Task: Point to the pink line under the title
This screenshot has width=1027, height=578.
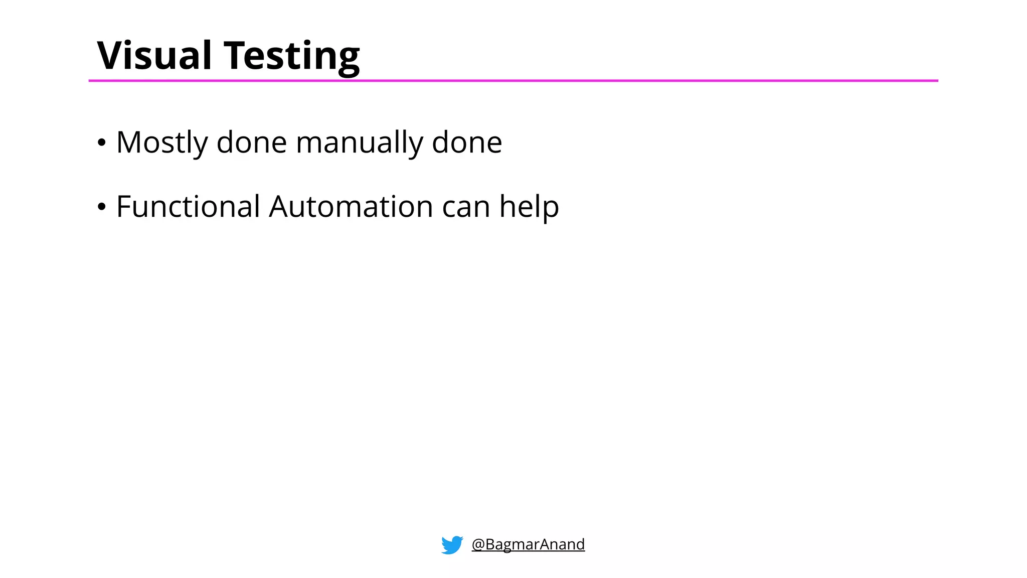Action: [513, 80]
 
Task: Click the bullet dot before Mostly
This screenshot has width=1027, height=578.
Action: [102, 143]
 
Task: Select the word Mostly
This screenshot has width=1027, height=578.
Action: [161, 143]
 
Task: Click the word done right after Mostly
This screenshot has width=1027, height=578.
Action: [251, 142]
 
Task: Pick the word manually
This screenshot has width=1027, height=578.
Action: [359, 143]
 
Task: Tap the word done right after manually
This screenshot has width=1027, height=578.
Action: [466, 142]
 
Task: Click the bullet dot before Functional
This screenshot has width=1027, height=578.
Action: [102, 207]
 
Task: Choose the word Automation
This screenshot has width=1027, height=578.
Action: [351, 206]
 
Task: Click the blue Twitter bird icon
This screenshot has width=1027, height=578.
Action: [452, 545]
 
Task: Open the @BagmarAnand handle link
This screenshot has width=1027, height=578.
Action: [528, 544]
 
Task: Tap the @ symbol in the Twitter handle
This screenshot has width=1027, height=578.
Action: [478, 545]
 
